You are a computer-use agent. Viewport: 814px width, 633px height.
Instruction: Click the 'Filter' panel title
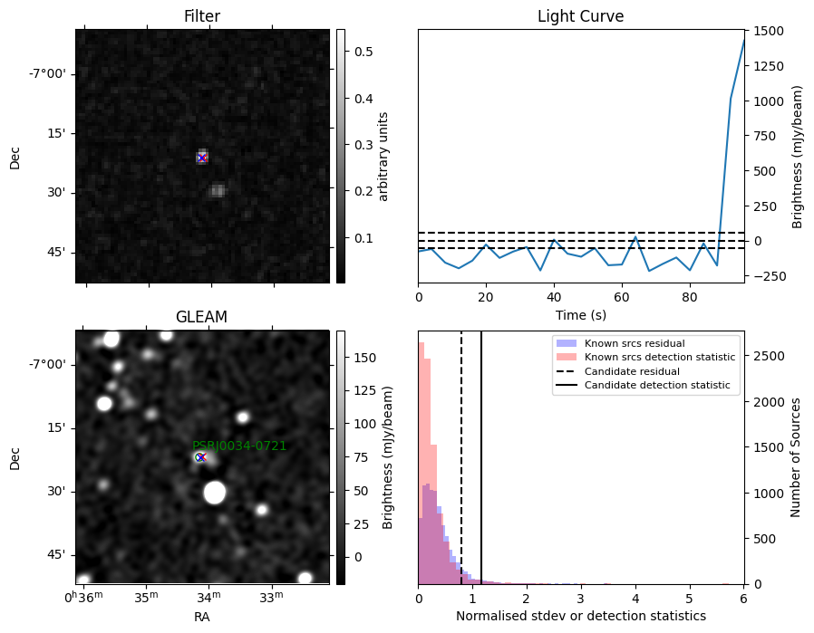[202, 16]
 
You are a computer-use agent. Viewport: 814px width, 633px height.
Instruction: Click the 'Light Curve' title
[580, 16]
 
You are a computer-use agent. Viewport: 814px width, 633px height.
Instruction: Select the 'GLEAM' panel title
[201, 317]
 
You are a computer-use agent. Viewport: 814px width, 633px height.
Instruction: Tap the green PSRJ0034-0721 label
[239, 446]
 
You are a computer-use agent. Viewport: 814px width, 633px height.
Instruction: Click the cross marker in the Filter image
[202, 158]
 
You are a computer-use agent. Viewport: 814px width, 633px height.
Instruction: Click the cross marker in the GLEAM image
[201, 457]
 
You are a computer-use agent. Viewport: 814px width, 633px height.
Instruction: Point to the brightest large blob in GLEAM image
[215, 493]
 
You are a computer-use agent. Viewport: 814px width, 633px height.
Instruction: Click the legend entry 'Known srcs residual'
[635, 343]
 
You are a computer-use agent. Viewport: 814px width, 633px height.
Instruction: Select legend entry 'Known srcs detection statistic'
[660, 357]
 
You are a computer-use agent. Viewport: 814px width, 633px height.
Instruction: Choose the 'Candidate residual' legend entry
[632, 371]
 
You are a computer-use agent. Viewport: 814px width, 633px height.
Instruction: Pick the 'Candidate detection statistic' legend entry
[657, 385]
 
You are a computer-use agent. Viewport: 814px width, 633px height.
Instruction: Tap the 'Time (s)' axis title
[581, 315]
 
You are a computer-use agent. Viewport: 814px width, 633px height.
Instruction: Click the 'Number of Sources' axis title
[795, 458]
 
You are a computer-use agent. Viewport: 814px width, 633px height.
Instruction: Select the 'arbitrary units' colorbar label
[383, 157]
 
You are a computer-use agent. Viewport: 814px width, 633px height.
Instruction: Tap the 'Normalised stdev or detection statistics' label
[581, 616]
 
